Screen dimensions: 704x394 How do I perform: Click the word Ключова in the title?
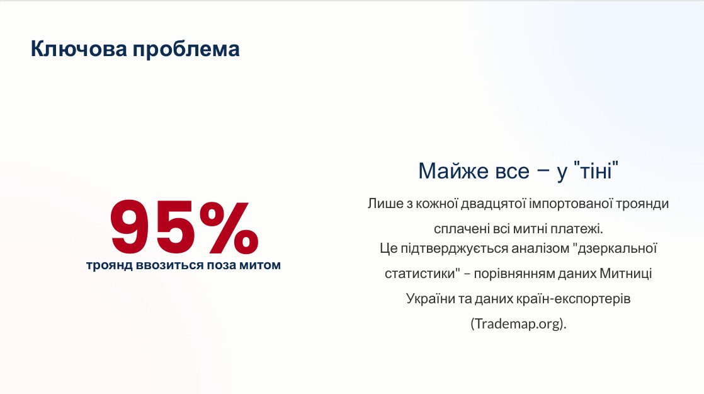click(79, 49)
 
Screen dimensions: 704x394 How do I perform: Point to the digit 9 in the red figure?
click(130, 227)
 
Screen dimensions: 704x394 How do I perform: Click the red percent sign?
click(229, 227)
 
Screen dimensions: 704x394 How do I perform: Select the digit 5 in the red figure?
click(174, 227)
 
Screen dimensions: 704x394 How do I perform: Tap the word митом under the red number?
click(260, 265)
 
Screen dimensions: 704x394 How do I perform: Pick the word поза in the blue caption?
click(222, 265)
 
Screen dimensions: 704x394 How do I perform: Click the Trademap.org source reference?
click(519, 324)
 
